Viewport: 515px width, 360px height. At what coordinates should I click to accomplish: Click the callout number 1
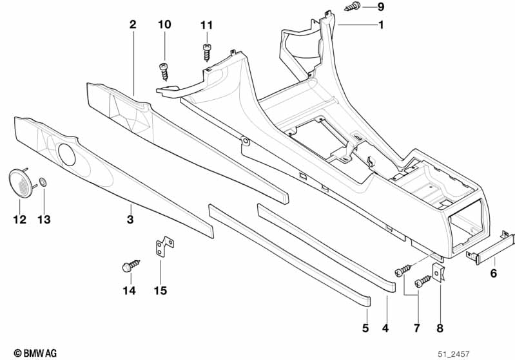click(381, 25)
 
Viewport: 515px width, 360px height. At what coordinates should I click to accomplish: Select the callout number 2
click(133, 25)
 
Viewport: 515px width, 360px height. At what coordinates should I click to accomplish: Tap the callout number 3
click(130, 220)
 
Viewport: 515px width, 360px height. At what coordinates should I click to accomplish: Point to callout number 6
click(494, 273)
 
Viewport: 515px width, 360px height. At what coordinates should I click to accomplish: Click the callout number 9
click(380, 7)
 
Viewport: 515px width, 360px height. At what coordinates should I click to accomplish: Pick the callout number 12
click(19, 220)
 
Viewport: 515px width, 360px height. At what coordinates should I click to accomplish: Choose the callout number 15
click(160, 290)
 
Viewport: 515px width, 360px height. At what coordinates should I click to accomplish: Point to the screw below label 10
click(164, 69)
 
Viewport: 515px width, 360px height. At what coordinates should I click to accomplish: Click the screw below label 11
click(207, 51)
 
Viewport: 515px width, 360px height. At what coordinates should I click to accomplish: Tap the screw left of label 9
click(353, 7)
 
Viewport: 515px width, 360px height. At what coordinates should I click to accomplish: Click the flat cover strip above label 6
click(493, 247)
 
